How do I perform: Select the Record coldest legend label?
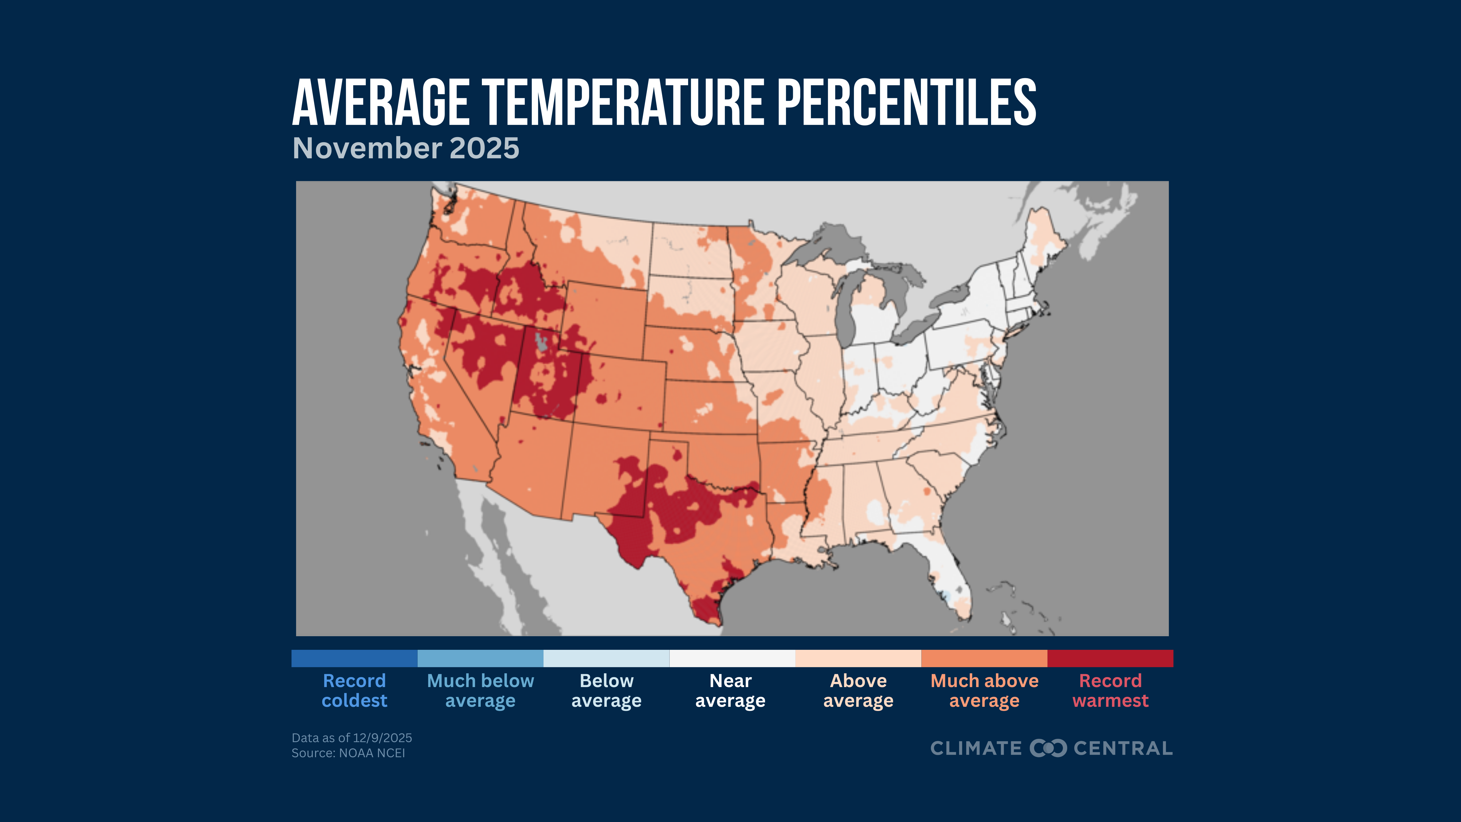coord(355,690)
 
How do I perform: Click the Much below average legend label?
coord(480,690)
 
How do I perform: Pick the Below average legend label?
coord(606,690)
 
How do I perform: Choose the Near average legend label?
coord(730,690)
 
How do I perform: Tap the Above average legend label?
coord(858,690)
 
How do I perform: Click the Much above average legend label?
coord(984,690)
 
